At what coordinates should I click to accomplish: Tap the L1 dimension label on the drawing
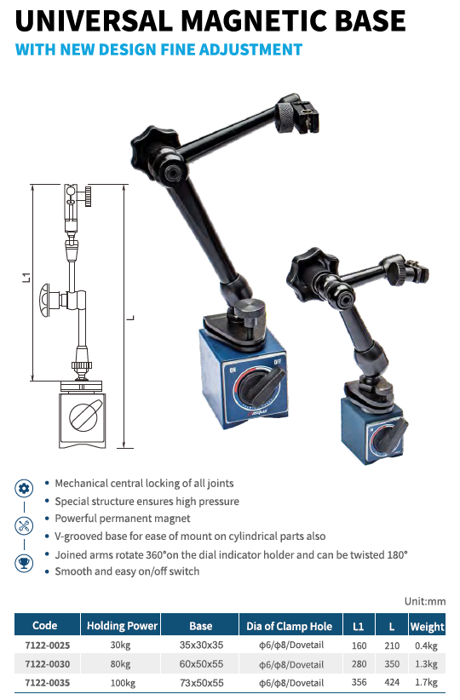point(26,278)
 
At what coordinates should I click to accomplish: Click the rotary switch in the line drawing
point(85,416)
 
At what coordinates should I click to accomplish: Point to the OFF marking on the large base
point(278,361)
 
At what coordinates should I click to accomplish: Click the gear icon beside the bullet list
point(24,488)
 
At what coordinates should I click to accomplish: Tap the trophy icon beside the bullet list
point(24,563)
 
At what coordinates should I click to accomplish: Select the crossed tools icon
point(24,525)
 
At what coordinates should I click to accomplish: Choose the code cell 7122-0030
point(48,664)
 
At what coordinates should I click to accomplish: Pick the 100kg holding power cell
point(123,683)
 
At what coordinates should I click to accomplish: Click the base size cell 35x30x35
point(201,645)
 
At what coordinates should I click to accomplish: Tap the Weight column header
point(428,627)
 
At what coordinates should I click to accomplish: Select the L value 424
point(392,683)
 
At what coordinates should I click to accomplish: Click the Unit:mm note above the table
point(425,601)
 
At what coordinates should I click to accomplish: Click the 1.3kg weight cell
point(427,664)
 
